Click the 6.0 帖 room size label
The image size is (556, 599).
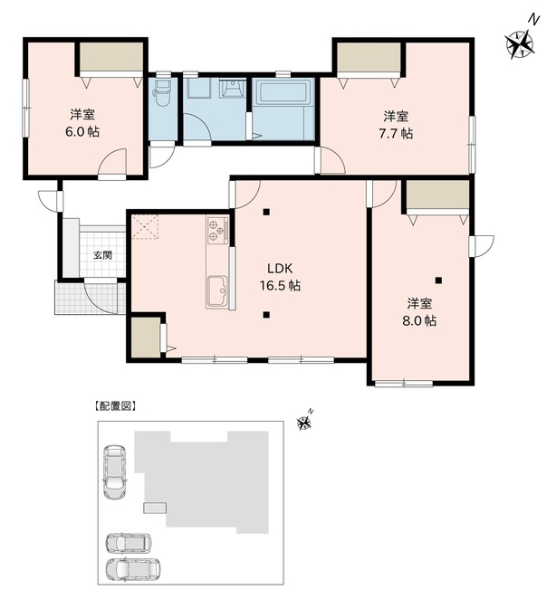pos(82,132)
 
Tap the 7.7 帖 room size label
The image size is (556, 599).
pos(396,134)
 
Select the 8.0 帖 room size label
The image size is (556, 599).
pos(418,321)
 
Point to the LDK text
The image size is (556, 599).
pos(280,269)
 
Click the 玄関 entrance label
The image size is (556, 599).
pos(103,255)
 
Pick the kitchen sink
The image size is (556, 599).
pos(217,291)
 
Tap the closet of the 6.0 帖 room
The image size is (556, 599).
pos(111,56)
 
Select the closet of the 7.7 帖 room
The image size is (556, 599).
pos(369,56)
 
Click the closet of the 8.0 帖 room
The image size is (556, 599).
pos(438,195)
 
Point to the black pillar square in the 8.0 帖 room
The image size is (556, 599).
pos(438,280)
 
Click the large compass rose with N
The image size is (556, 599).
pos(521,42)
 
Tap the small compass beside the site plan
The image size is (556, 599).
pos(305,422)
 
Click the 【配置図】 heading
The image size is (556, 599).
pos(115,406)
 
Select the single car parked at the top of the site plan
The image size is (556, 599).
pos(115,471)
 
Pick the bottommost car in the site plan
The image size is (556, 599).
pos(133,569)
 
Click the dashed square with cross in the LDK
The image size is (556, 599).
pos(145,226)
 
